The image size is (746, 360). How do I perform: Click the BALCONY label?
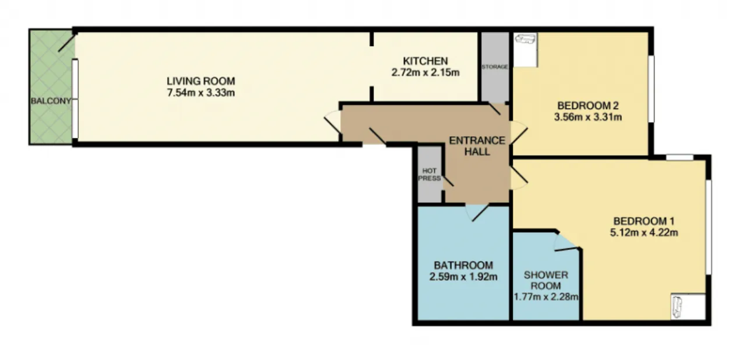[x=51, y=101]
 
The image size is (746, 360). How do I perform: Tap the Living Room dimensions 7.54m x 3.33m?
[x=201, y=93]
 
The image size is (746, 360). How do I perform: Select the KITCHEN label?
[x=425, y=61]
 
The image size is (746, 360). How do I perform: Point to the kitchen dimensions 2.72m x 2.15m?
[x=425, y=73]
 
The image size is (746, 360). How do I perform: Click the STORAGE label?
[x=495, y=67]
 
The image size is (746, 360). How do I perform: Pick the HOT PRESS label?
[x=430, y=175]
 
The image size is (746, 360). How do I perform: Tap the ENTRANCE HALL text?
[x=477, y=146]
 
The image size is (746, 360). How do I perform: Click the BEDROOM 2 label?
[x=588, y=106]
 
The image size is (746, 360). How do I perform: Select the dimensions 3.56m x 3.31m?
[x=588, y=117]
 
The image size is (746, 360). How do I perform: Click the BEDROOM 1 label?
[x=644, y=221]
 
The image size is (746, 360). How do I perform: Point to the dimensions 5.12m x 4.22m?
[x=644, y=232]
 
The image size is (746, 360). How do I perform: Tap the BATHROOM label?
[x=463, y=266]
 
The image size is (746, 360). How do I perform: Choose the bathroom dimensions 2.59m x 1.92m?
[x=463, y=277]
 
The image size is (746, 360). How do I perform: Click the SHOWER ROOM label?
[x=546, y=280]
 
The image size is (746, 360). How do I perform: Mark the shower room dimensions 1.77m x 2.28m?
[x=546, y=297]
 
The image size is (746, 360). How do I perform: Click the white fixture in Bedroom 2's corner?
[x=525, y=50]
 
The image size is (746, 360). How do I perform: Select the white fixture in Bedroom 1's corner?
[x=688, y=306]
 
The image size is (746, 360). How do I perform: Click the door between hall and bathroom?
[x=477, y=213]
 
